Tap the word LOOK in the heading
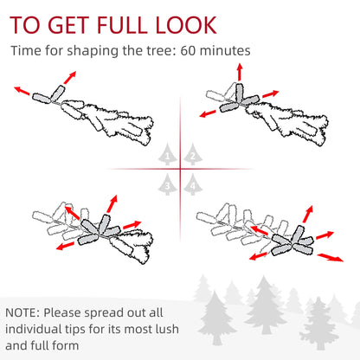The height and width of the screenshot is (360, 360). coord(186,25)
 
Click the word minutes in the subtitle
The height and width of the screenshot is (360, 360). coord(225,51)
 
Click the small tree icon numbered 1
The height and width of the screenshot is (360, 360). coord(168,154)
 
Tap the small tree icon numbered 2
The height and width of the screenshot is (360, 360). coord(193,154)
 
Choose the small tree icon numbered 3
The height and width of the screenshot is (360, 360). coord(168,184)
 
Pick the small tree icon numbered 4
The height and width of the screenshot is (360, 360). coord(193,184)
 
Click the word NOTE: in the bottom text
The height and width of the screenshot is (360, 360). coord(22,312)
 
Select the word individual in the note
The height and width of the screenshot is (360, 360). coord(30,329)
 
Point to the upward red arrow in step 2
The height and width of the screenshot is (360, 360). coord(240,73)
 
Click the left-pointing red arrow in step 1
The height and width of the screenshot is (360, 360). coord(22,91)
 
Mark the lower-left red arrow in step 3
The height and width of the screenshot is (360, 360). coord(65,246)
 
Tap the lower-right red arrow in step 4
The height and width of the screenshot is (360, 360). coord(331,257)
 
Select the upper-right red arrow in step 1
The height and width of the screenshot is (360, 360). coord(70,77)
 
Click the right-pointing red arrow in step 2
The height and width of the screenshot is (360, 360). coord(271,94)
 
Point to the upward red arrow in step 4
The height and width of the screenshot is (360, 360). coord(308,214)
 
